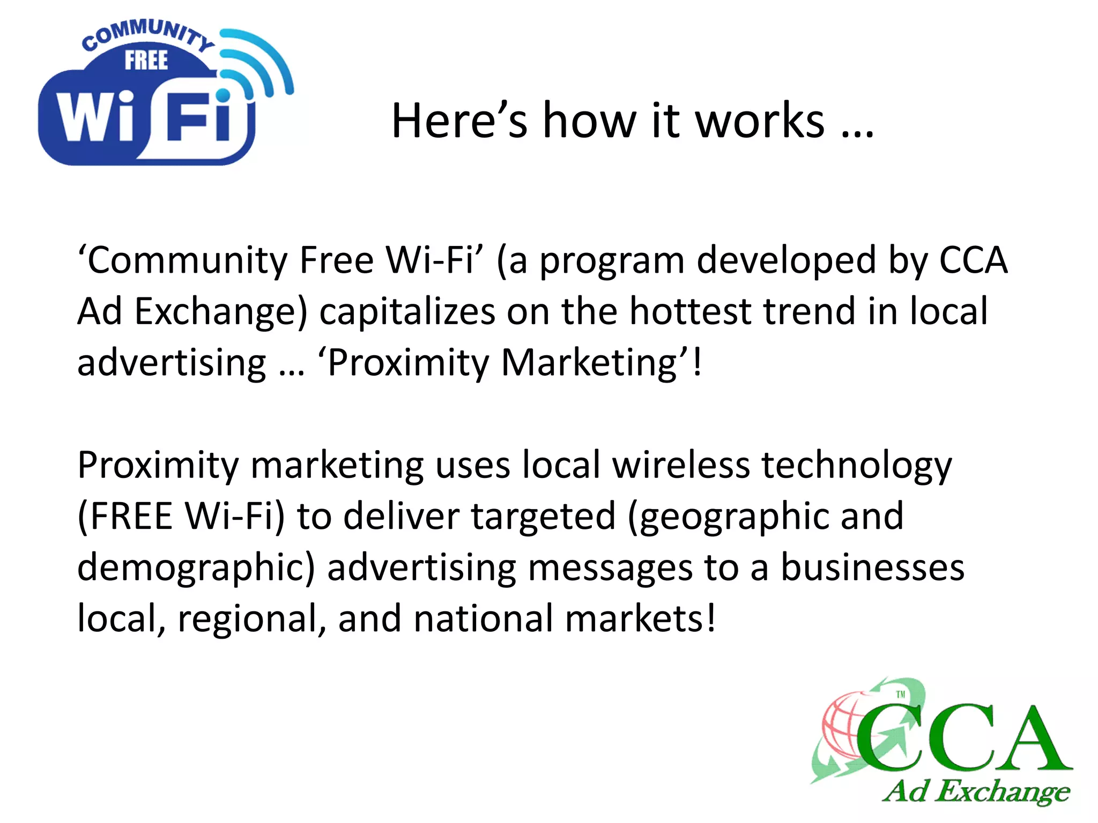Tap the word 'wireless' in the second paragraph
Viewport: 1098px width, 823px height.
tap(681, 465)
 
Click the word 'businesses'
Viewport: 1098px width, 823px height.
tap(872, 568)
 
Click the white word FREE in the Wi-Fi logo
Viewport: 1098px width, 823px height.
tap(146, 60)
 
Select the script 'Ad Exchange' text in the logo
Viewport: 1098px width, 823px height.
tap(976, 792)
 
